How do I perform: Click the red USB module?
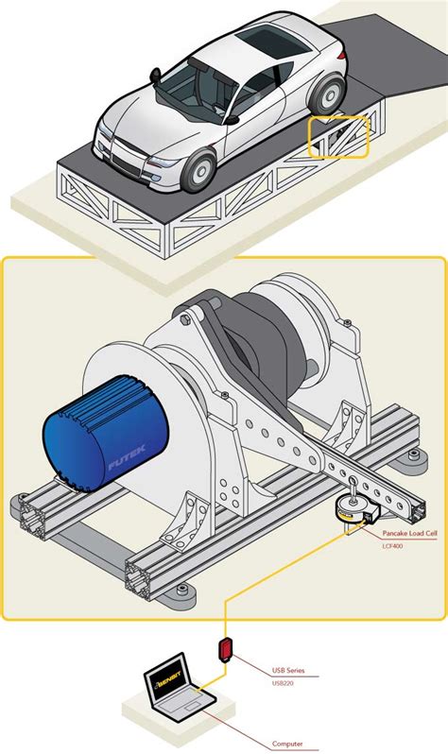tap(226, 650)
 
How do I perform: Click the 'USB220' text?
tap(284, 683)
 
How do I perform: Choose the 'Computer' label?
tap(287, 744)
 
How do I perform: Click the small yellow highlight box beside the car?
tap(341, 137)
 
